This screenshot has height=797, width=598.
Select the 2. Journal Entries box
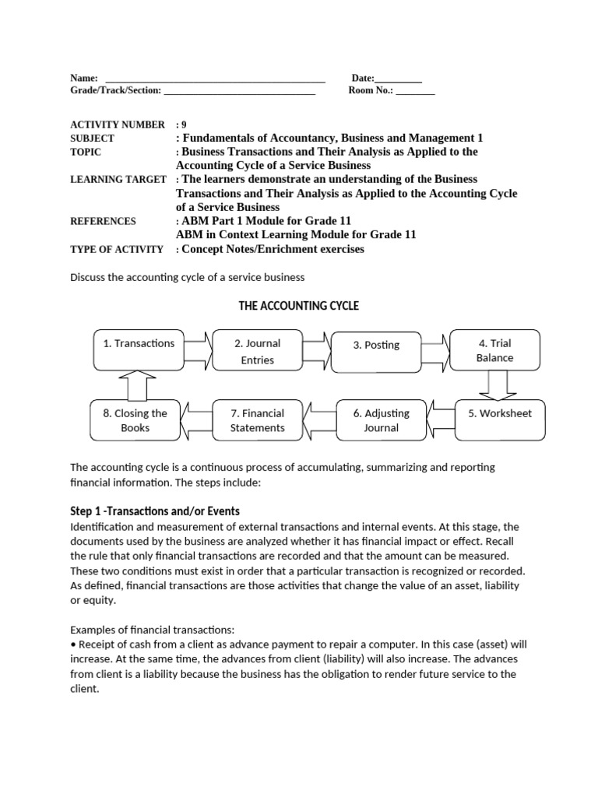[x=257, y=351]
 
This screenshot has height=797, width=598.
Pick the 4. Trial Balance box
[x=495, y=350]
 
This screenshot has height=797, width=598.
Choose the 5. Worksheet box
[x=500, y=420]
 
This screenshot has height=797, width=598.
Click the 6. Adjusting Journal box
[x=381, y=420]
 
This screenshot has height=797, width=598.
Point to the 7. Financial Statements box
[x=258, y=420]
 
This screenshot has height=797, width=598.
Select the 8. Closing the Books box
[x=135, y=420]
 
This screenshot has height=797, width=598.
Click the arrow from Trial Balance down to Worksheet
[x=496, y=384]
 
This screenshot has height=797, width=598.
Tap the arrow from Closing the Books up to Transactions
[x=137, y=384]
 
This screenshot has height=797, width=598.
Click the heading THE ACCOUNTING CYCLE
[x=298, y=306]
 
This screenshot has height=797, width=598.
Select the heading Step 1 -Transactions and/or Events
[x=155, y=511]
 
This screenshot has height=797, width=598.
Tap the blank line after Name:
[x=214, y=79]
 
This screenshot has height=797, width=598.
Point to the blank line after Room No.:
[x=415, y=92]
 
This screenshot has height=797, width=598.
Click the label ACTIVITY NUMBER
[x=118, y=125]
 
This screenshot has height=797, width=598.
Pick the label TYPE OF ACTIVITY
[x=117, y=249]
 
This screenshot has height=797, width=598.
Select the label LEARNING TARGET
[x=118, y=179]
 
